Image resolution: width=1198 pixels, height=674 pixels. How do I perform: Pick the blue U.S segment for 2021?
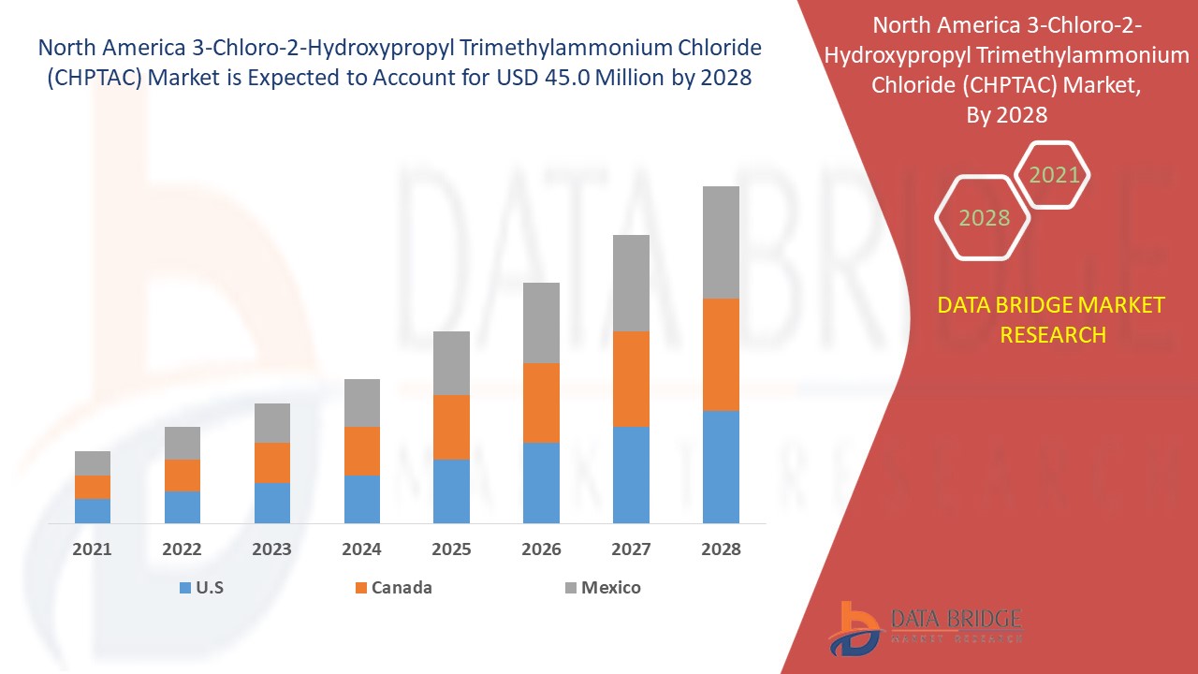click(93, 510)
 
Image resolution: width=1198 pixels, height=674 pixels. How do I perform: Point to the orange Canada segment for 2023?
click(272, 462)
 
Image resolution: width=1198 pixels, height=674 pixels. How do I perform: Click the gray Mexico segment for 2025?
click(451, 363)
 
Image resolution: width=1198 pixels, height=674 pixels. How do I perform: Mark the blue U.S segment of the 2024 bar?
click(362, 499)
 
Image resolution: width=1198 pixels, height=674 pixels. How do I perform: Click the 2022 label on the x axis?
click(182, 549)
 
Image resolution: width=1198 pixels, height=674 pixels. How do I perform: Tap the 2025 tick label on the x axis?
click(451, 549)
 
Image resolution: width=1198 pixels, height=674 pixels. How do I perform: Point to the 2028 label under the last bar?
click(721, 549)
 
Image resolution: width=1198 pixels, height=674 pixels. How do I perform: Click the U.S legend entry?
click(201, 588)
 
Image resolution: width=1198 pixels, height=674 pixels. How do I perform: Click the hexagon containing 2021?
click(1054, 175)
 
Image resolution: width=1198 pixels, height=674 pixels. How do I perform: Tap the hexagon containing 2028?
click(984, 218)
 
